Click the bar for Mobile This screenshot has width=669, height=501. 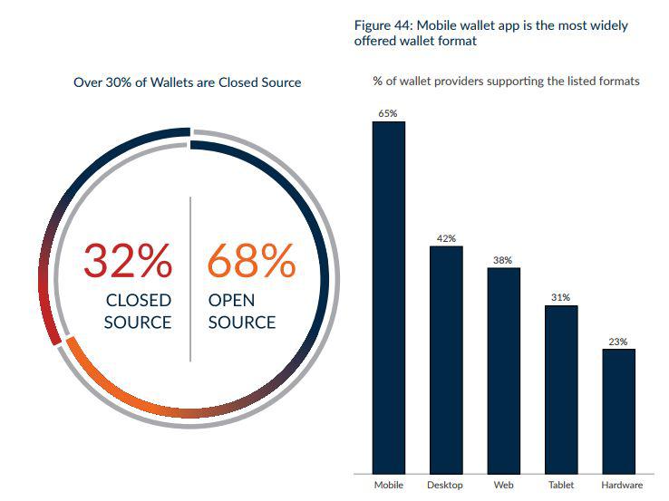click(x=389, y=298)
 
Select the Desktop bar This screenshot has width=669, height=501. click(x=446, y=360)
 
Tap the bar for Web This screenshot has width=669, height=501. click(x=504, y=371)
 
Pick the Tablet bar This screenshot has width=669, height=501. click(x=561, y=390)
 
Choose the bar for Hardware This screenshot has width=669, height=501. click(x=619, y=411)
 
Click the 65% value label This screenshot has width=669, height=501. click(x=388, y=113)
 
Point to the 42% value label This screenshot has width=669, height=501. click(x=446, y=238)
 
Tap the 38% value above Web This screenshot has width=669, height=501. click(x=502, y=260)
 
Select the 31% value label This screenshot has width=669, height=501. click(x=560, y=297)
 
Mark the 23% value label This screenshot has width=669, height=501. click(x=618, y=342)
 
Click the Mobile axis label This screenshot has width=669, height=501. click(x=389, y=485)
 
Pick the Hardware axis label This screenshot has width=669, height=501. click(x=622, y=485)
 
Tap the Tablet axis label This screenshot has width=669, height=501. click(x=561, y=485)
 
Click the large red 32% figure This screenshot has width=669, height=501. click(x=128, y=261)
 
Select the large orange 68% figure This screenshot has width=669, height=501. click(x=251, y=261)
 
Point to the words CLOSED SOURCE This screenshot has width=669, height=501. click(x=138, y=312)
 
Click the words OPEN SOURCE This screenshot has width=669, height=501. click(x=242, y=312)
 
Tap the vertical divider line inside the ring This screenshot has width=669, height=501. click(x=190, y=279)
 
